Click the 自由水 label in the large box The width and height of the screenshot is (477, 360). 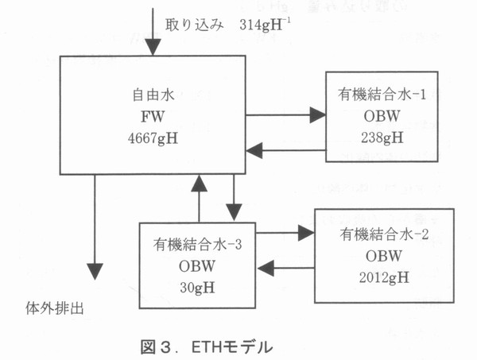pyautogui.click(x=150, y=99)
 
